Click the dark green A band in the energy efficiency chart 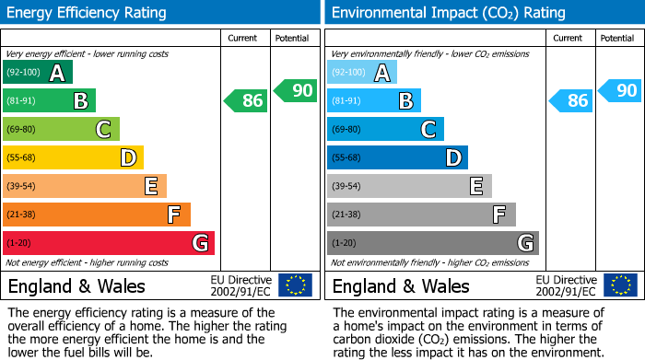click(x=38, y=72)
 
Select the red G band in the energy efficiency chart click(x=109, y=243)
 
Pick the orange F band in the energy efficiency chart click(x=97, y=215)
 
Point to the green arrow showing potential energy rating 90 click(x=295, y=90)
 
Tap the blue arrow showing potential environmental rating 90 click(x=620, y=90)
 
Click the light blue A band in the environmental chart click(x=362, y=72)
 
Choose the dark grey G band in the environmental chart click(x=433, y=243)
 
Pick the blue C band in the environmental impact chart click(x=386, y=129)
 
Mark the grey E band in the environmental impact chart click(x=409, y=186)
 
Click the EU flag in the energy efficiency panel click(x=295, y=285)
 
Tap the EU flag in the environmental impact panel click(x=620, y=285)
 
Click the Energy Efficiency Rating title click(x=88, y=13)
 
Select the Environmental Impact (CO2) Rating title click(x=448, y=13)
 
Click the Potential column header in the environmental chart click(x=617, y=38)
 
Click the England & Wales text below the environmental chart click(x=401, y=285)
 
